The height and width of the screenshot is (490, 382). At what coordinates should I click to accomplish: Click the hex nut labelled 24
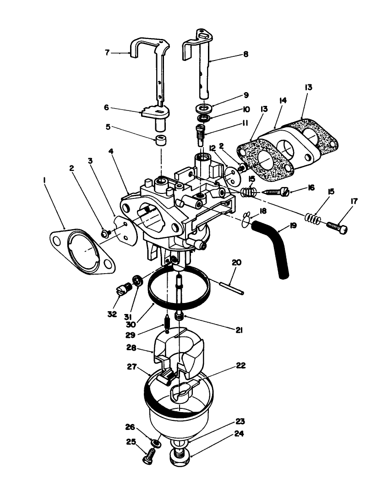pyautogui.click(x=181, y=458)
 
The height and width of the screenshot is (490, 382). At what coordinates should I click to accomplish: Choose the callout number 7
pyautogui.click(x=108, y=53)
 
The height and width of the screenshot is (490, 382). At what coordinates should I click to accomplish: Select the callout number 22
pyautogui.click(x=241, y=365)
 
